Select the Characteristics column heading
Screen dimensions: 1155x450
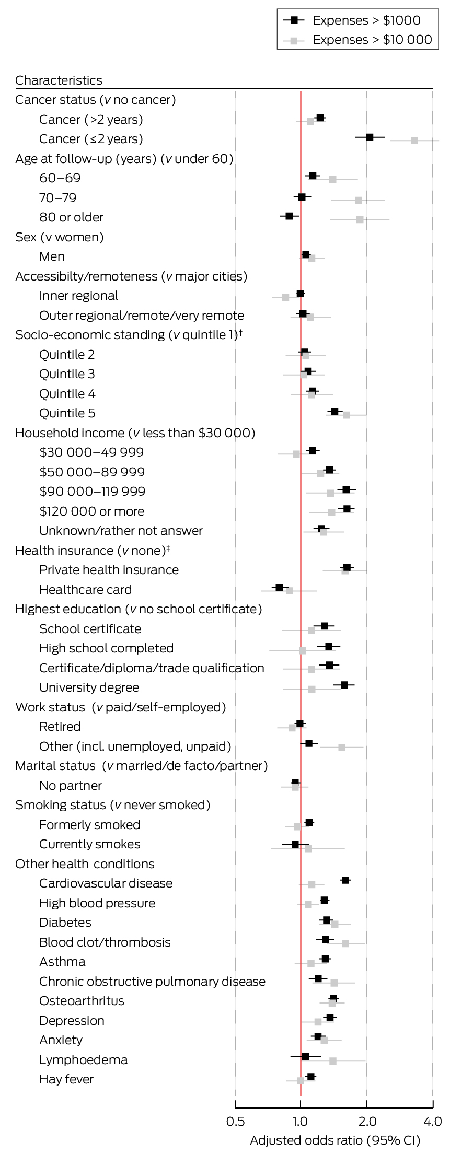59,80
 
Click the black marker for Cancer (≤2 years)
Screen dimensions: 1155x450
370,137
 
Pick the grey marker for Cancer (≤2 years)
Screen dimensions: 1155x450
414,141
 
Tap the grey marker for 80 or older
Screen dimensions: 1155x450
360,219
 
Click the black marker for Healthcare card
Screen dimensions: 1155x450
279,587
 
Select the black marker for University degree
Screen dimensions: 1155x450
344,684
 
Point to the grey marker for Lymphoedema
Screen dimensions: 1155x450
333,1061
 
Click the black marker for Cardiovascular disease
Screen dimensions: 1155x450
345,880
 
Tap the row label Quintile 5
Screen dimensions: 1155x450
67,413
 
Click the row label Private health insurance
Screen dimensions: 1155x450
109,570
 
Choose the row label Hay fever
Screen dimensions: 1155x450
66,1079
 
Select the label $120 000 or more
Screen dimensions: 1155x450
91,511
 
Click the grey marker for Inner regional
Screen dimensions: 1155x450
285,297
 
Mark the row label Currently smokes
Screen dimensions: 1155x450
89,844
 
